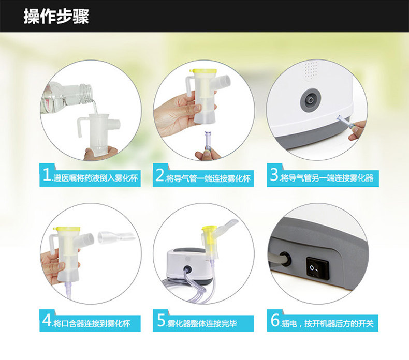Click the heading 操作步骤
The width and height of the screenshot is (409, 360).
pos(56,17)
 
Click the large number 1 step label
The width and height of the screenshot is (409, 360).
pos(47,175)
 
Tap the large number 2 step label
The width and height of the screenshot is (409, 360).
pos(159,175)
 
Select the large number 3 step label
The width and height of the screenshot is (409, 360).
pos(274,175)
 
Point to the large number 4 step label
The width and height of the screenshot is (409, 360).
pos(47,320)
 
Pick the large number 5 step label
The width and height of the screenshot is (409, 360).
pos(161,320)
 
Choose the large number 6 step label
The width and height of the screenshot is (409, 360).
pos(275,320)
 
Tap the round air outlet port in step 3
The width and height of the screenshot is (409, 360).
pos(310,100)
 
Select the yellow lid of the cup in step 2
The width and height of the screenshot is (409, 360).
pos(203,71)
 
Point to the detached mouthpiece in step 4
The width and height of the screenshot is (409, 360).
pos(116,237)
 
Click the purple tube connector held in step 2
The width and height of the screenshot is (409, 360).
pos(208,141)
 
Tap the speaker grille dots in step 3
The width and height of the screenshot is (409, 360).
pos(311,70)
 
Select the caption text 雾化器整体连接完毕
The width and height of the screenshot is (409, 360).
pos(202,324)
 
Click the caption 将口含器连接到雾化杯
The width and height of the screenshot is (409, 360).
pos(92,324)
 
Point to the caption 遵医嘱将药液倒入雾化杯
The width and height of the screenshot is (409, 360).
pos(95,178)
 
